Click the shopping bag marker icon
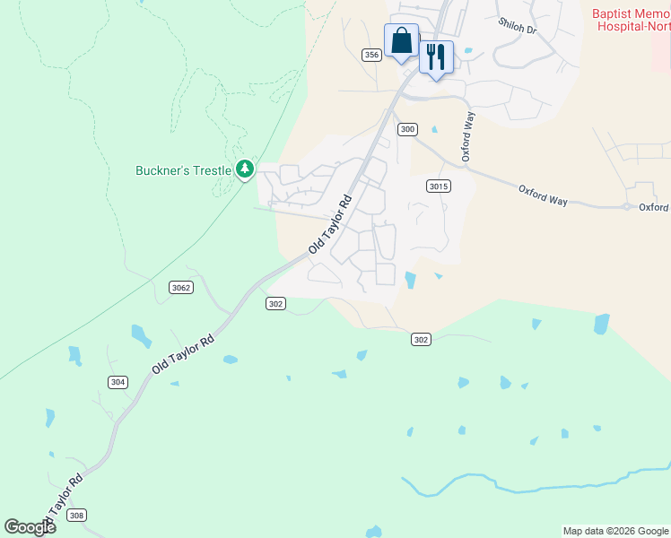tap(401, 40)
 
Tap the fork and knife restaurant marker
tap(436, 57)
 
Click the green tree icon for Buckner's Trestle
tap(244, 169)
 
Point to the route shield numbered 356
tap(372, 56)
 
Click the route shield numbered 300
tap(407, 129)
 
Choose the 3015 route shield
tap(438, 186)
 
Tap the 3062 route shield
tap(180, 287)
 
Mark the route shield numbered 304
tap(118, 382)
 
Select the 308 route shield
tap(77, 515)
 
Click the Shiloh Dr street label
tap(517, 30)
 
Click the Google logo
tap(30, 526)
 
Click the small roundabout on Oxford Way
tap(626, 206)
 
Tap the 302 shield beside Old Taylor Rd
tap(275, 304)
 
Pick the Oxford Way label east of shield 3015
tap(543, 195)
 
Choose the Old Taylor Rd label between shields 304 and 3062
tap(183, 355)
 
